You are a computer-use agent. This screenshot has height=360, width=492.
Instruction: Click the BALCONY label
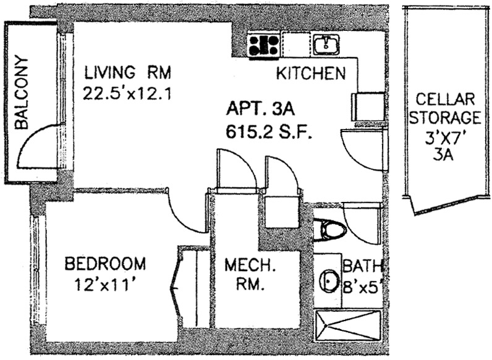[x=22, y=93]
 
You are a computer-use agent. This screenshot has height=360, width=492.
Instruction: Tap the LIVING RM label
[x=127, y=73]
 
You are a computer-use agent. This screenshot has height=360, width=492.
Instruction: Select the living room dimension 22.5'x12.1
[x=127, y=94]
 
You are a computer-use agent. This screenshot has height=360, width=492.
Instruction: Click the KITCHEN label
[x=310, y=74]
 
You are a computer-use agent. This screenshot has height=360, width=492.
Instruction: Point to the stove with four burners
[x=263, y=44]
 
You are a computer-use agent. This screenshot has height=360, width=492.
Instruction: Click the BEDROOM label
[x=106, y=264]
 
